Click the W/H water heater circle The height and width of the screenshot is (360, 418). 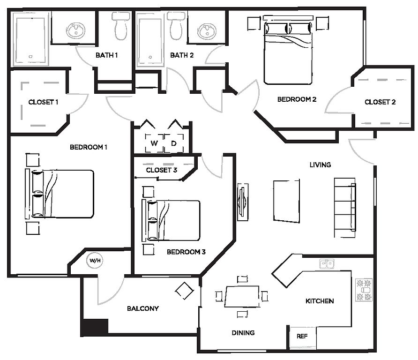click(x=95, y=260)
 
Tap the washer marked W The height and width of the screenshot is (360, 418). click(x=154, y=143)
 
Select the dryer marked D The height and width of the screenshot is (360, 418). click(x=174, y=143)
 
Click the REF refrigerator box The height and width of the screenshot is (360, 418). click(x=303, y=337)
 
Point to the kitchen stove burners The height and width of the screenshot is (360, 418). click(x=364, y=290)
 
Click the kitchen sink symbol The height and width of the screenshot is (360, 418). click(x=327, y=264)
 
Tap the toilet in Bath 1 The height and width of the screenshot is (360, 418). click(x=121, y=26)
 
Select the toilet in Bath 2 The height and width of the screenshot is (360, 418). click(x=176, y=26)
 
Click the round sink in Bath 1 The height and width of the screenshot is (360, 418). click(x=76, y=30)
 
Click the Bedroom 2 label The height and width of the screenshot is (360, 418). click(x=297, y=99)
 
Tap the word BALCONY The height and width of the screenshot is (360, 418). click(x=143, y=308)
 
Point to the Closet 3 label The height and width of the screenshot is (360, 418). click(x=162, y=170)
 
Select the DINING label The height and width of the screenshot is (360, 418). click(x=243, y=333)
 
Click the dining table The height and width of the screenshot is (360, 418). click(x=242, y=297)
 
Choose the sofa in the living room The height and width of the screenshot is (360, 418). click(x=345, y=208)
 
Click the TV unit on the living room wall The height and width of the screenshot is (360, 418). click(x=243, y=202)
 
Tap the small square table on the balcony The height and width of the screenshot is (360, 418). click(x=184, y=291)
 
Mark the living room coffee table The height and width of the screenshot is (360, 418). click(x=286, y=201)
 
